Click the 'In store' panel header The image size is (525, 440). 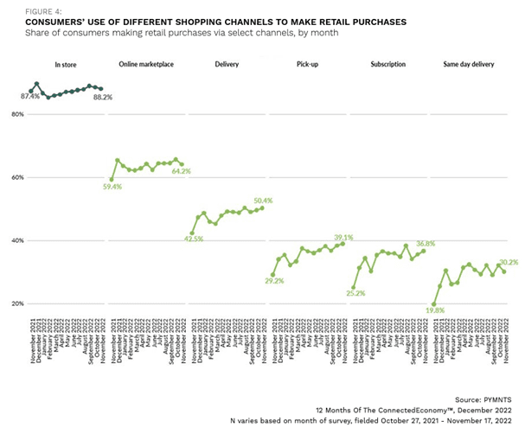(x=66, y=64)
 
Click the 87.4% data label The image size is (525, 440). (x=31, y=97)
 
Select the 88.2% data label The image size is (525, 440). (x=102, y=98)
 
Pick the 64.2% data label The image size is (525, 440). (x=180, y=172)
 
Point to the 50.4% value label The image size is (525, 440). (x=263, y=201)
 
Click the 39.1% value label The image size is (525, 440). (x=343, y=237)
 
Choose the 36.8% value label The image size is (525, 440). (x=424, y=244)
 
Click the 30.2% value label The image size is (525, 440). (x=508, y=261)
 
